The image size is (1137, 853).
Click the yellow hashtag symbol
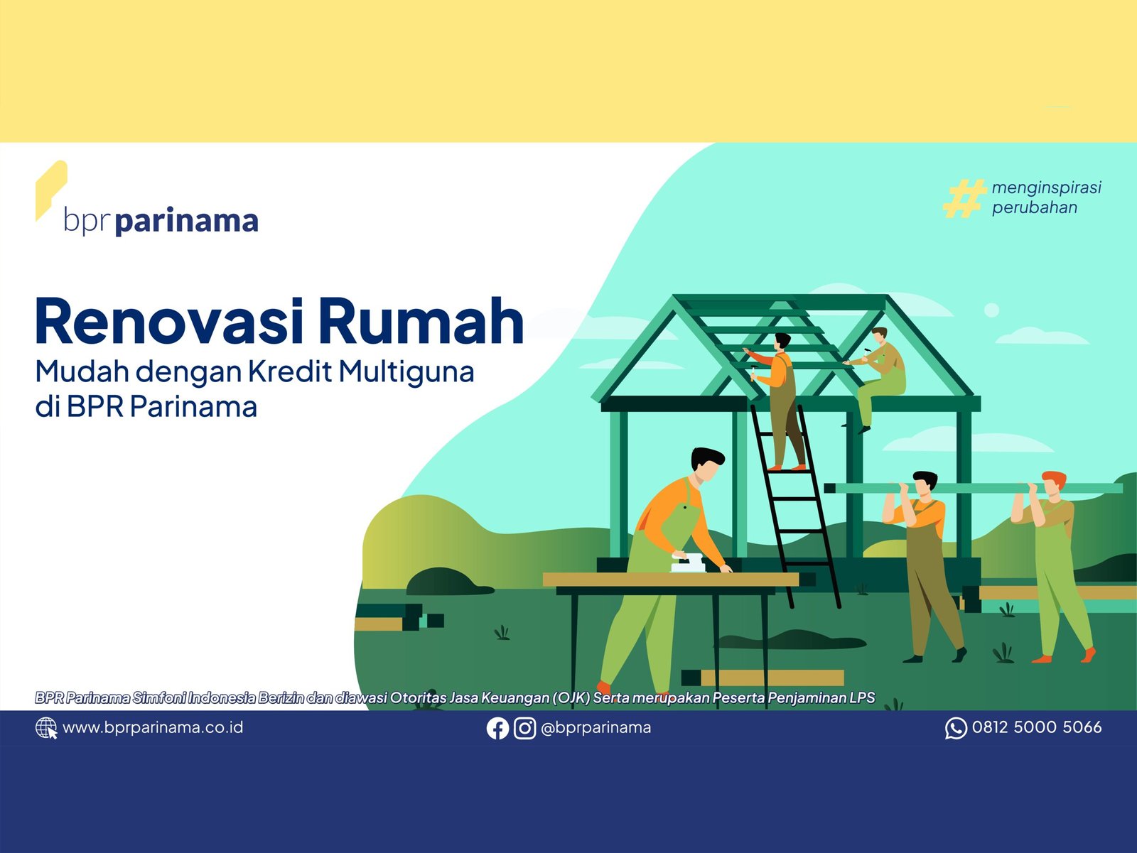964,197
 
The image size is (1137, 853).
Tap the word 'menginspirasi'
1046,188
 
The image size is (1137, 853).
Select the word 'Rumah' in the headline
421,321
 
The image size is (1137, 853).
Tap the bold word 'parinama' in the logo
186,222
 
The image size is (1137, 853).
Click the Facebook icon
497,728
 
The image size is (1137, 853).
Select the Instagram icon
524,728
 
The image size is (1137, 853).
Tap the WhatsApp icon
956,728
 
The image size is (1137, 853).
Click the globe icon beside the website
46,728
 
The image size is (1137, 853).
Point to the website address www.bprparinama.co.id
153,728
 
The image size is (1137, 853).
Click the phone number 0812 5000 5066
1037,727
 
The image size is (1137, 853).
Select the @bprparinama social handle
596,728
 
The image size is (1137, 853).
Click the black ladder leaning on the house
795,507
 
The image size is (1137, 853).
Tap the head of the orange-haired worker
1054,482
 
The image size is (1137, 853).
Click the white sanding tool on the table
689,563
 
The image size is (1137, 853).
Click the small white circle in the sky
991,310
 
